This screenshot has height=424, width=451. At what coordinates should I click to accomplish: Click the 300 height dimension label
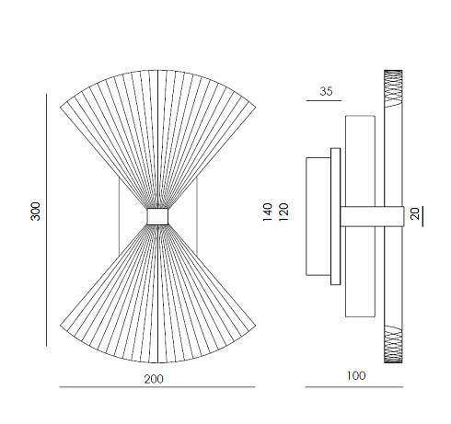pyautogui.click(x=35, y=212)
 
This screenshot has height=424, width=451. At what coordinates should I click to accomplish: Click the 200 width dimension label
pyautogui.click(x=154, y=379)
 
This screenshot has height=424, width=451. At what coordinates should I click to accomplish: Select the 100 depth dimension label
pyautogui.click(x=356, y=376)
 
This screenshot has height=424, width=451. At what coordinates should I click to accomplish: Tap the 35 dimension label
pyautogui.click(x=326, y=91)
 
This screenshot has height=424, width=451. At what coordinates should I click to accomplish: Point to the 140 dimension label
pyautogui.click(x=268, y=212)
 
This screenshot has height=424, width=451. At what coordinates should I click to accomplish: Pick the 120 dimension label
pyautogui.click(x=283, y=212)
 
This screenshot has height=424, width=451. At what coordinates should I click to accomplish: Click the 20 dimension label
pyautogui.click(x=414, y=213)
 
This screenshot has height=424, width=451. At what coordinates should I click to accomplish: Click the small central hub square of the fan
pyautogui.click(x=157, y=216)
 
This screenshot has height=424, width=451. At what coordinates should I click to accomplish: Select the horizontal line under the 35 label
pyautogui.click(x=324, y=100)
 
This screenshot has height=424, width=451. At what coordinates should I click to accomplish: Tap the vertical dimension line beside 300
pyautogui.click(x=47, y=220)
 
